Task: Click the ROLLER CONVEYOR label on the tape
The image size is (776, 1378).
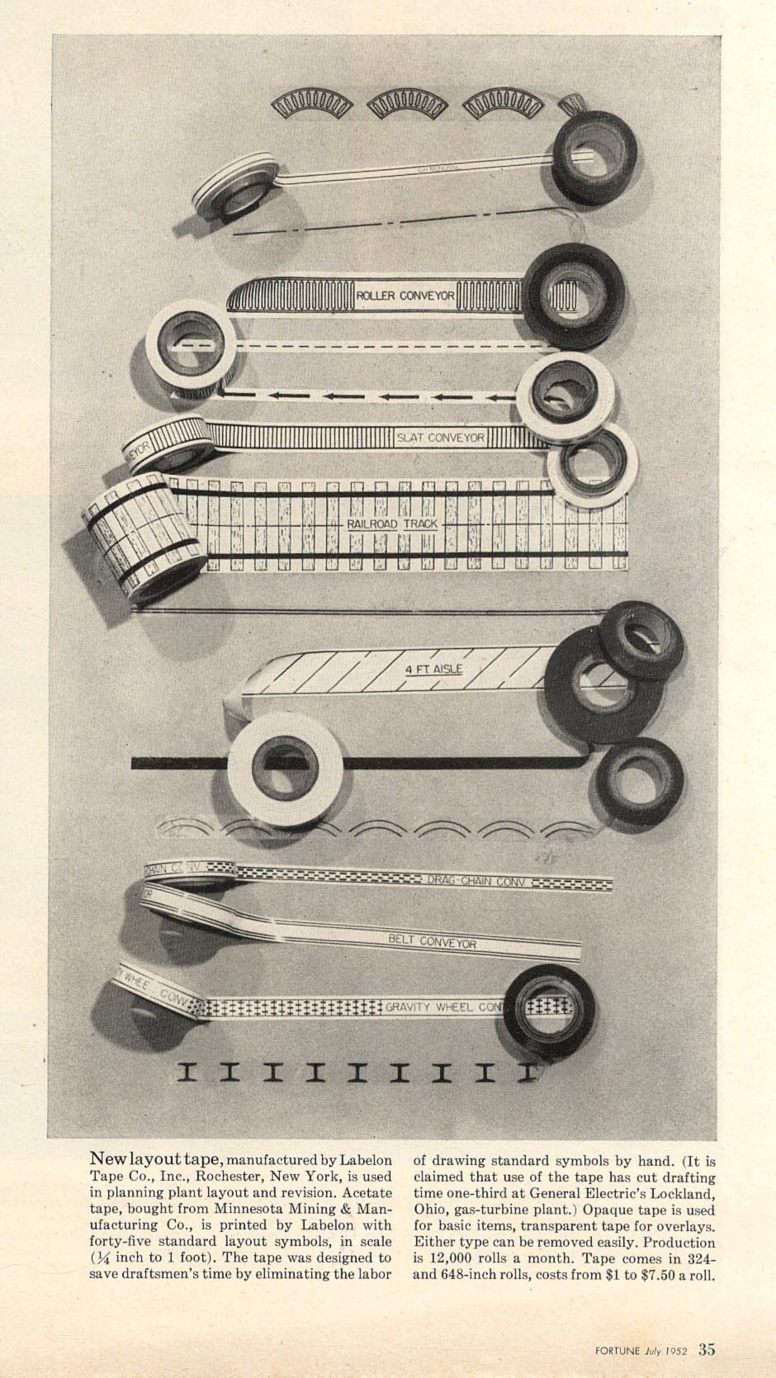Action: [x=405, y=296]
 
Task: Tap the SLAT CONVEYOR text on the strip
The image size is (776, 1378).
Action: [x=440, y=438]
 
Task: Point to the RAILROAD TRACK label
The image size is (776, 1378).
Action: [x=392, y=524]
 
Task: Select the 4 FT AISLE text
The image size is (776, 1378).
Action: [x=433, y=670]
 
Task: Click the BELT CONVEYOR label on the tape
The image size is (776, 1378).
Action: [x=433, y=941]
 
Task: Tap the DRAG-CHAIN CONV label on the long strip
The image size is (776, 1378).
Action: [x=476, y=882]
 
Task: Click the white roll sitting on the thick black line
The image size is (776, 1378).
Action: [x=285, y=765]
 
